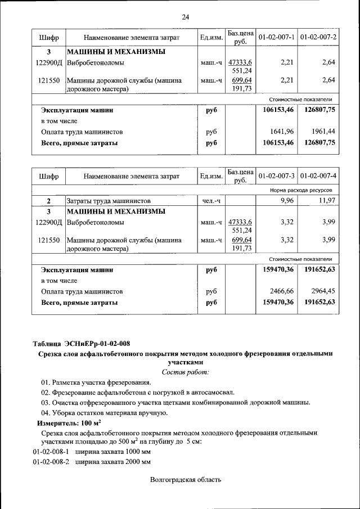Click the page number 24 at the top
pos(185,17)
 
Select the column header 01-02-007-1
pos(276,37)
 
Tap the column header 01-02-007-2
pos(318,37)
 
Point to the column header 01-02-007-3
pos(276,176)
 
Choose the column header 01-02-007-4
pos(318,176)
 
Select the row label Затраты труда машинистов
pos(109,201)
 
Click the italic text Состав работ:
pos(185,372)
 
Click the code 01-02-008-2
pos(50,462)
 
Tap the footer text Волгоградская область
pos(186,480)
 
